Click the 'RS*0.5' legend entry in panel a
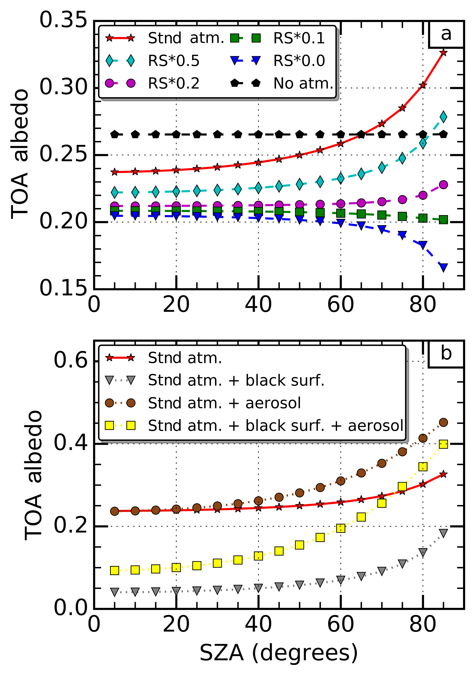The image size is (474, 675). [x=173, y=61]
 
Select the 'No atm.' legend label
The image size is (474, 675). [x=303, y=83]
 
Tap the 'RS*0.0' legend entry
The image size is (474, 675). [x=299, y=61]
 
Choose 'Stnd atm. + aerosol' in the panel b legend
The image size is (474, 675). [x=224, y=403]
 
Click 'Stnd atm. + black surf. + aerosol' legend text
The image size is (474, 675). [x=275, y=425]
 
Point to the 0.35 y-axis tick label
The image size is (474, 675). [x=63, y=21]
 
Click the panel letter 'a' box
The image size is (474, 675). [x=446, y=34]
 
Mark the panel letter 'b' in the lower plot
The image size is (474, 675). [x=446, y=354]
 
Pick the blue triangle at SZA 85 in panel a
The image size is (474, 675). [x=443, y=267]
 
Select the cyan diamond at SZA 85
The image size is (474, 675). [x=443, y=117]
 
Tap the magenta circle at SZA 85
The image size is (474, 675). [x=443, y=185]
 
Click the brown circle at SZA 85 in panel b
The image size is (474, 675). [x=443, y=422]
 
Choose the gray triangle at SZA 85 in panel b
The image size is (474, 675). [x=443, y=533]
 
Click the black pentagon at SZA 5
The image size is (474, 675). [x=115, y=135]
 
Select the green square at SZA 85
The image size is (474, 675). [x=443, y=220]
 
